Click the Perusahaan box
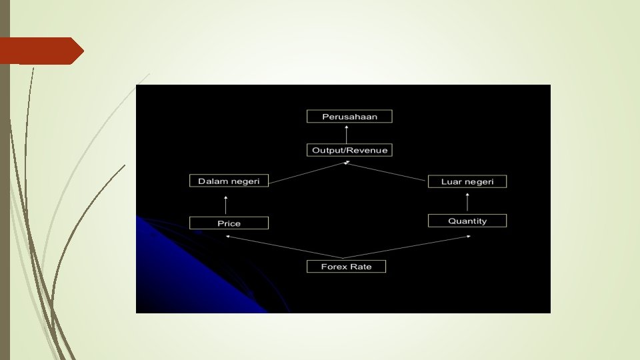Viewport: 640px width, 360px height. pyautogui.click(x=349, y=117)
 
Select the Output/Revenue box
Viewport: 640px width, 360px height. pyautogui.click(x=349, y=150)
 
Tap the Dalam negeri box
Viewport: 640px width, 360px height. pyautogui.click(x=229, y=181)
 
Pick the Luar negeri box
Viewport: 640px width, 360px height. pyautogui.click(x=467, y=181)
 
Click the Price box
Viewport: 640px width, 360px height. pyautogui.click(x=229, y=223)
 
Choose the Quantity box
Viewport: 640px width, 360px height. pyautogui.click(x=467, y=221)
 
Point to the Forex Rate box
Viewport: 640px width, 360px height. pyautogui.click(x=346, y=267)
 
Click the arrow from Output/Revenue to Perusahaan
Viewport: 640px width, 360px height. pyautogui.click(x=346, y=133)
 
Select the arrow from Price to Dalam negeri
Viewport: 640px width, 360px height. pyautogui.click(x=226, y=205)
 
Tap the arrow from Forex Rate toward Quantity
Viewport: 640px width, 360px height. pyautogui.click(x=407, y=247)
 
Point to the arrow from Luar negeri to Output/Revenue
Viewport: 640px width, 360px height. pyautogui.click(x=387, y=171)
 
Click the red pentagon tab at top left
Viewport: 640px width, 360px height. pyautogui.click(x=40, y=51)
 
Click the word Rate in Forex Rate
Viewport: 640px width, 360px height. pyautogui.click(x=360, y=267)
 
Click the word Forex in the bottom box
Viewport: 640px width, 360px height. pyautogui.click(x=334, y=267)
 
